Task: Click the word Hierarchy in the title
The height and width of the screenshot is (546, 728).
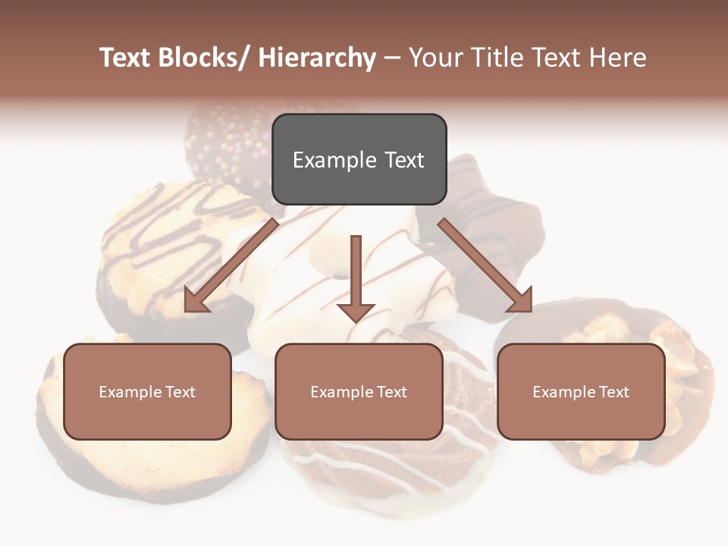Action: click(317, 58)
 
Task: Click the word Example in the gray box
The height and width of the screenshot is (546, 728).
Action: click(334, 161)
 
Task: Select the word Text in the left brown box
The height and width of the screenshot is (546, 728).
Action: click(180, 392)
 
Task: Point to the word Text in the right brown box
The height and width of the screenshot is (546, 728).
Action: click(614, 392)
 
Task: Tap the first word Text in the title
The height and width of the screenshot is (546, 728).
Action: click(126, 58)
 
